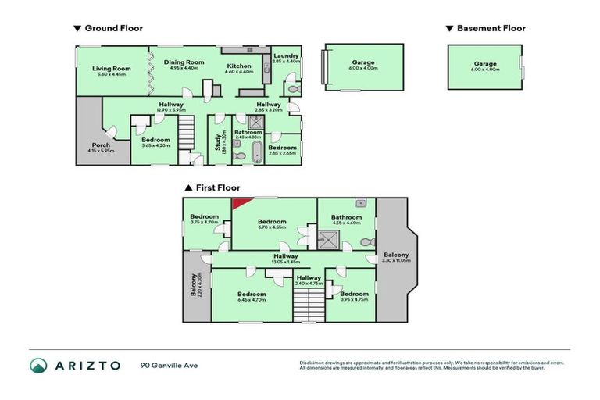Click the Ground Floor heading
click(112, 28)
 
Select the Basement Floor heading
click(490, 28)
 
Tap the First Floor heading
click(216, 187)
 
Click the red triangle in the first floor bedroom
click(238, 203)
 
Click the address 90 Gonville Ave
click(170, 365)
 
